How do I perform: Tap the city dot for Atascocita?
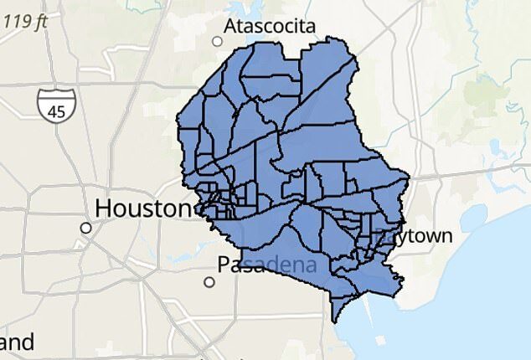click(x=218, y=41)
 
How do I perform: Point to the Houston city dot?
click(x=85, y=228)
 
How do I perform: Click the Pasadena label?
click(x=266, y=265)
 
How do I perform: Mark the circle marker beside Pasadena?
click(x=209, y=282)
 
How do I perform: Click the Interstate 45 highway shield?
click(x=56, y=104)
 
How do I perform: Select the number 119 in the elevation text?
click(x=17, y=21)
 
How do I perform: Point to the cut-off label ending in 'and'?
click(x=17, y=342)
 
